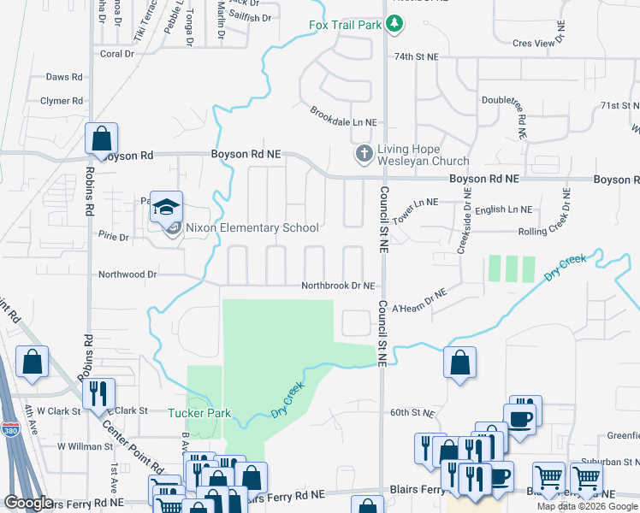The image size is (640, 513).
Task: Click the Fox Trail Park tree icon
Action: point(394,25)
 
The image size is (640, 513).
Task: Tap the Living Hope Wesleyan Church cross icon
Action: point(364,155)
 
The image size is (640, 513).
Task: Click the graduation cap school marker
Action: point(167,206)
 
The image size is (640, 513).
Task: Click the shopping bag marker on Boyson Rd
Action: point(101,139)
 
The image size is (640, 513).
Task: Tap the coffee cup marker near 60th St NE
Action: point(521,418)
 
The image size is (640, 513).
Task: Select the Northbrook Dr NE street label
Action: point(337,286)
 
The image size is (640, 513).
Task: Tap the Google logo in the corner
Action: point(27,503)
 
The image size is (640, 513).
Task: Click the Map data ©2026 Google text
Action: point(588,506)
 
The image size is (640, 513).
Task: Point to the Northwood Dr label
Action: point(128,274)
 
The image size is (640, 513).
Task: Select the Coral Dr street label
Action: point(118,53)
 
